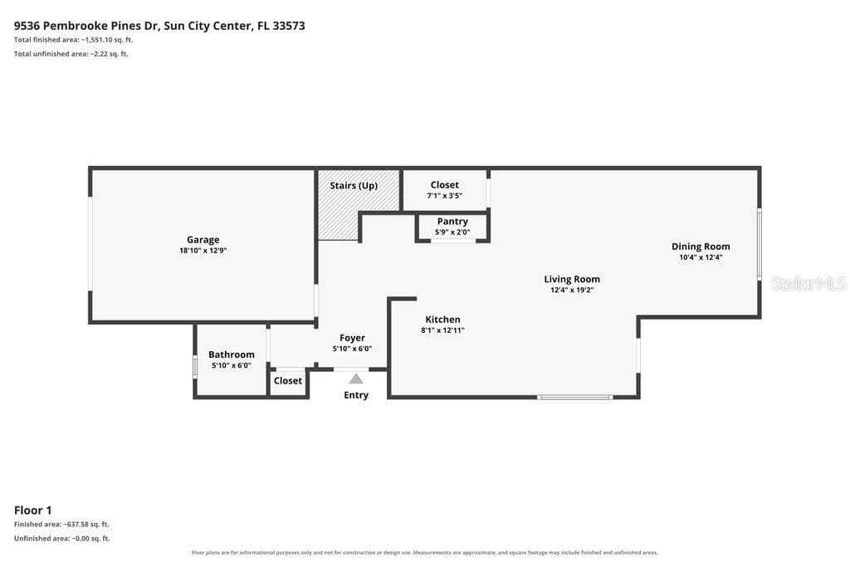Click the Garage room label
pyautogui.click(x=203, y=240)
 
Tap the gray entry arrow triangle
pyautogui.click(x=356, y=379)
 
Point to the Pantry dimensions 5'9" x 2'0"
pyautogui.click(x=452, y=232)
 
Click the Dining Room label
pyautogui.click(x=701, y=246)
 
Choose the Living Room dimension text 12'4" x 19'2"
pyautogui.click(x=572, y=290)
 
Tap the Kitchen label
pyautogui.click(x=443, y=320)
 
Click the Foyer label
pyautogui.click(x=352, y=338)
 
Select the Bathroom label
pyautogui.click(x=232, y=354)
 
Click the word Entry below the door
pyautogui.click(x=356, y=395)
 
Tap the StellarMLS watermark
pyautogui.click(x=808, y=284)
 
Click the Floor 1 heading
pyautogui.click(x=33, y=510)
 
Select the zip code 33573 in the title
pyautogui.click(x=289, y=26)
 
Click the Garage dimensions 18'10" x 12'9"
pyautogui.click(x=203, y=251)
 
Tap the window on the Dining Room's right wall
pyautogui.click(x=760, y=244)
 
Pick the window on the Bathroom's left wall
pyautogui.click(x=195, y=367)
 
